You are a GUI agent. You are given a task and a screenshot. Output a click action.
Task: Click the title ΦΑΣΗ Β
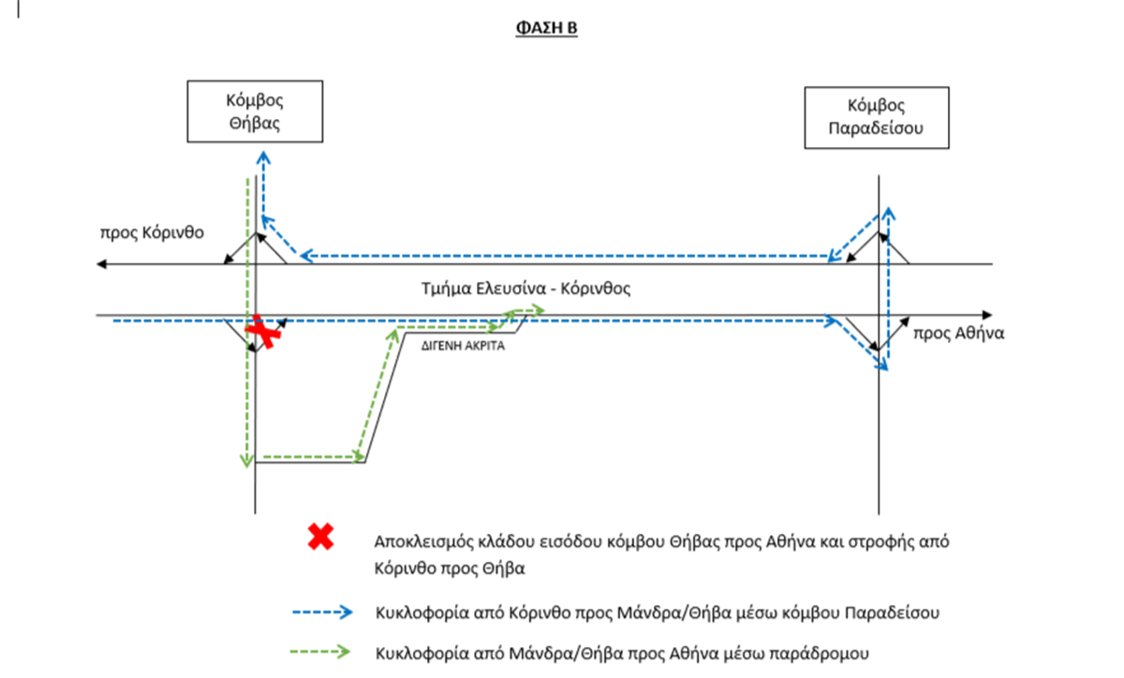[546, 27]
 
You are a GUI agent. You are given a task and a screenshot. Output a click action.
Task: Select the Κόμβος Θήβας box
[255, 111]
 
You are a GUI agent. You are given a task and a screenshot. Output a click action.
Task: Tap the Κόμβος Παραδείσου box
[877, 118]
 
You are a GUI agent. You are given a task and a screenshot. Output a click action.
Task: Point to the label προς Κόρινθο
[152, 233]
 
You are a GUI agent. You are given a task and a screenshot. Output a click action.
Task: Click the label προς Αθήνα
[958, 333]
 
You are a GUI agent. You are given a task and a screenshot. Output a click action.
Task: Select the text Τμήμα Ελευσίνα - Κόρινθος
[525, 288]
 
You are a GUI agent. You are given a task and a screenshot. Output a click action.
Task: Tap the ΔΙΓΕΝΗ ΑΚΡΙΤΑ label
[463, 346]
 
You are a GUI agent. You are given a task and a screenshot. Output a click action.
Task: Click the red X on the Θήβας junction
[262, 332]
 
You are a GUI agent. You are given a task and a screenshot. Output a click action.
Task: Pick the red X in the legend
[320, 537]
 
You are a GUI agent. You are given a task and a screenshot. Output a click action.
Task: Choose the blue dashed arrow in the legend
[322, 612]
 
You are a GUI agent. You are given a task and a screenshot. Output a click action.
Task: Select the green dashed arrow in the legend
[320, 652]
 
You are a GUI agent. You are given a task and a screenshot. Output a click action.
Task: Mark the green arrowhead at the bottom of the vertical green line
[246, 461]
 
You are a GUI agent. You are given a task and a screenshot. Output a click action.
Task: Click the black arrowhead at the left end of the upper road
[101, 264]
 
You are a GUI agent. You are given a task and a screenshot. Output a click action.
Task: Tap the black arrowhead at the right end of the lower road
[987, 316]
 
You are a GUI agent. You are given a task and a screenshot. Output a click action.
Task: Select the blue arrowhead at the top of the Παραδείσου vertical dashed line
[889, 214]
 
